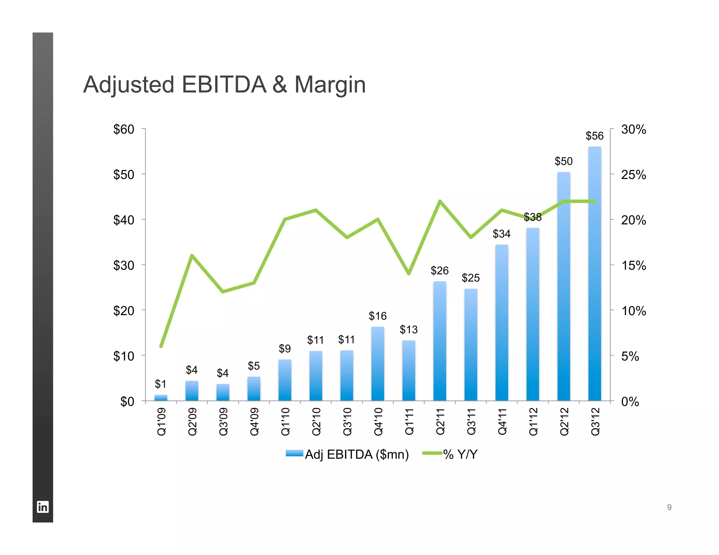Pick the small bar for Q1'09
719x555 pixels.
tap(161, 397)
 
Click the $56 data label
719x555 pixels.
tap(594, 136)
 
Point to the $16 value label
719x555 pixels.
tap(377, 316)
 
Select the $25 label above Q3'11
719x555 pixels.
tap(470, 278)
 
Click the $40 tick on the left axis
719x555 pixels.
tap(124, 220)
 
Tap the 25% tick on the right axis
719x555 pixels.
tap(633, 175)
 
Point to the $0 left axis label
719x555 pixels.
tap(127, 401)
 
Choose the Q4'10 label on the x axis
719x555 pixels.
tap(378, 421)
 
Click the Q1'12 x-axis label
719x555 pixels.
tap(533, 421)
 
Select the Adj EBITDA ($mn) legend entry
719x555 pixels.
tap(356, 454)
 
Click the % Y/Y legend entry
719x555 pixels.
tap(460, 454)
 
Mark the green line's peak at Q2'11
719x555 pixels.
tap(440, 201)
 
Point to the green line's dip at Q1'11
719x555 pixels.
tap(409, 274)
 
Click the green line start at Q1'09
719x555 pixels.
tap(161, 346)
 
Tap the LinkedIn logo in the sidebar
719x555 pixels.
tap(43, 507)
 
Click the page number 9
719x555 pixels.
tap(669, 507)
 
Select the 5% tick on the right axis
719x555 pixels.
tap(630, 356)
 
